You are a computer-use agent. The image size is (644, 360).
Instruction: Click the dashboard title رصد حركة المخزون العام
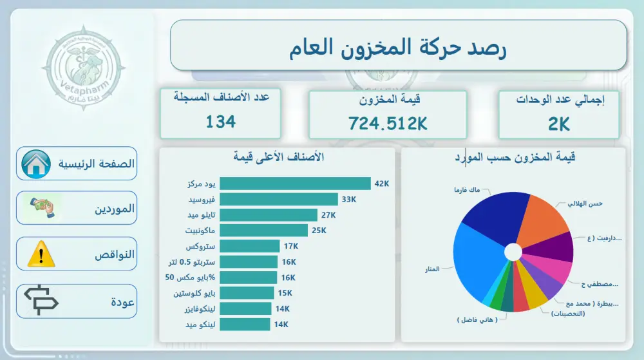coord(398,48)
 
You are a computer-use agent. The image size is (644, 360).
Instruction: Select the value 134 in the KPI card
coord(221,121)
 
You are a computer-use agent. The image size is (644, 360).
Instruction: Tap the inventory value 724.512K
coord(388,123)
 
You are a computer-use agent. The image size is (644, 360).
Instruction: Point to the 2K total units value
coord(559,124)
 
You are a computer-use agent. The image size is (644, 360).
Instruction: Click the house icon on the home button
coord(36,164)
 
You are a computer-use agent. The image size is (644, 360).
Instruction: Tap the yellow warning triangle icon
coord(41,254)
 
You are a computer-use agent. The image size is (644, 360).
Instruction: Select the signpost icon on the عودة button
coord(41,301)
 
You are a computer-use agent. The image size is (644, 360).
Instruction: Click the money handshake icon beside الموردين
coord(42,207)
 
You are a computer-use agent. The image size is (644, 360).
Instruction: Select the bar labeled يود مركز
coord(295,184)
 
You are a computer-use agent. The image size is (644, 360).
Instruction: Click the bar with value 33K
coord(279,200)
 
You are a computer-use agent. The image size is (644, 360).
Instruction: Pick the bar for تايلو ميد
coord(269,215)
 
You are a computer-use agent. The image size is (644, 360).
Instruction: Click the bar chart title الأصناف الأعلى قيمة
coord(278,157)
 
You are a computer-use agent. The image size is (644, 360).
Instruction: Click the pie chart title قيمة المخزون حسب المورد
coord(513,157)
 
